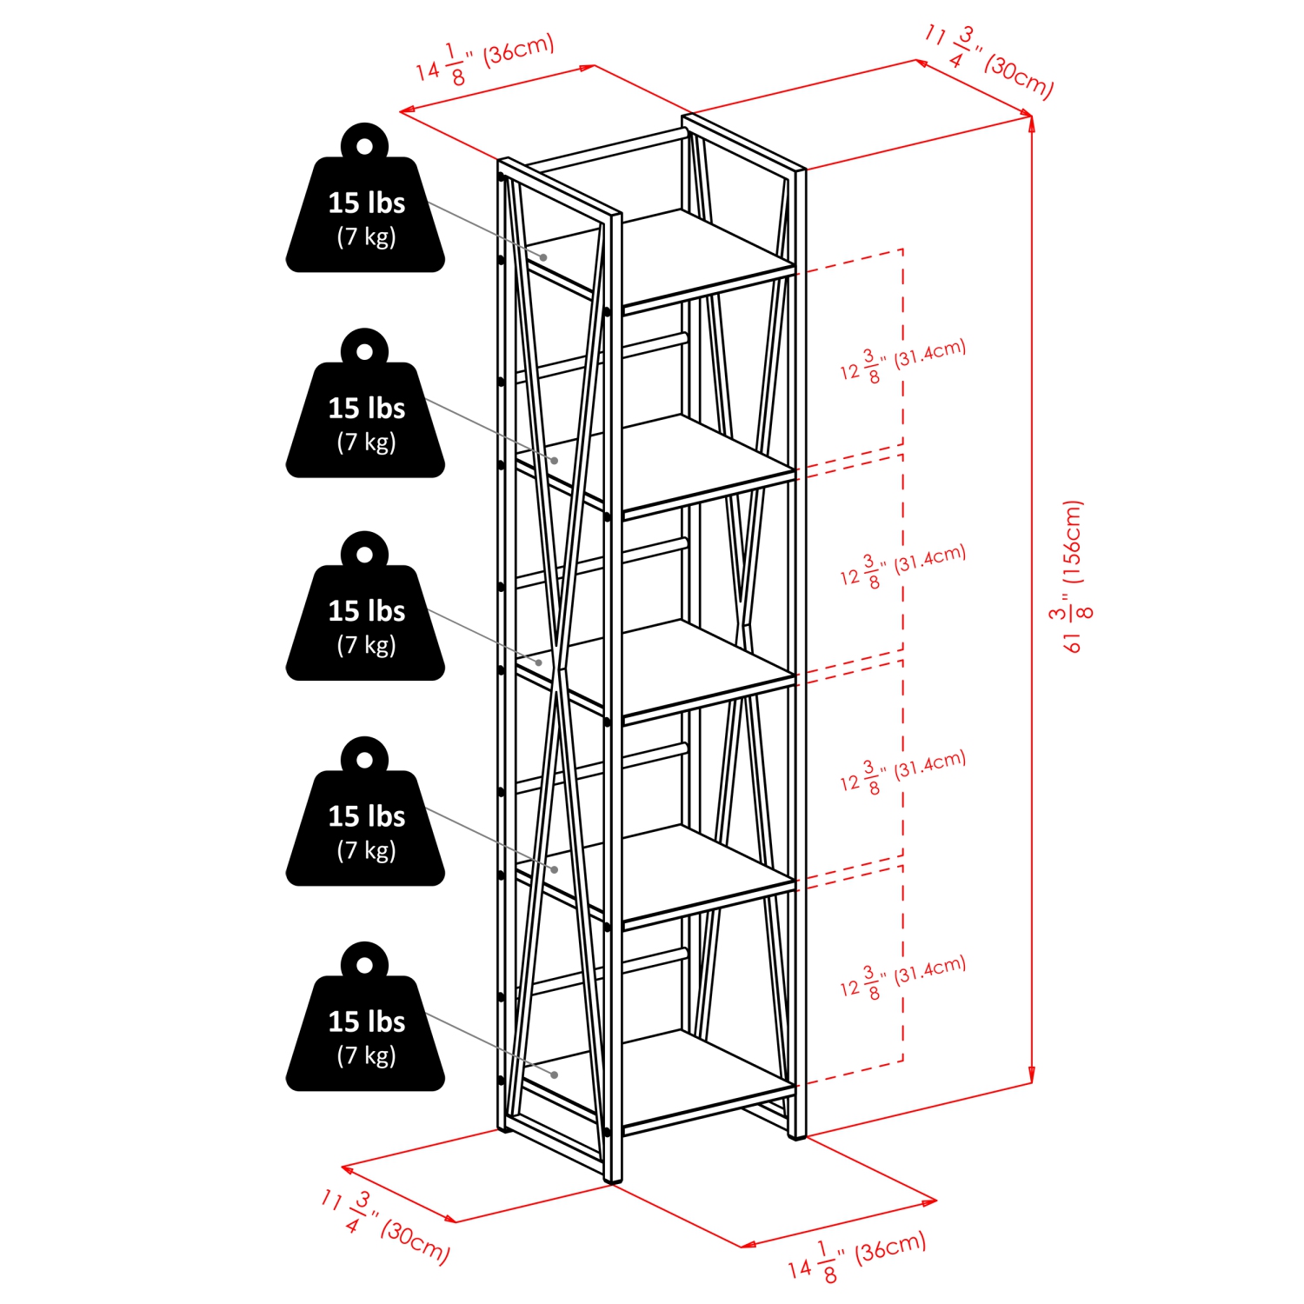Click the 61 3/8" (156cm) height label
click(x=1073, y=577)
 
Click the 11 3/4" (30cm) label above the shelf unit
click(x=989, y=61)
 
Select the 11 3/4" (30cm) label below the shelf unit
click(x=385, y=1227)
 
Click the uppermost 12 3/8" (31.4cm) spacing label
click(x=902, y=362)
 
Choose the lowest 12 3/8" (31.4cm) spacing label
click(x=902, y=978)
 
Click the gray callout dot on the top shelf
click(x=543, y=257)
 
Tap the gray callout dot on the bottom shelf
click(x=555, y=1075)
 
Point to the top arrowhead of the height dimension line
click(x=1032, y=123)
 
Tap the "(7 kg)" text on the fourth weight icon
click(x=366, y=850)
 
